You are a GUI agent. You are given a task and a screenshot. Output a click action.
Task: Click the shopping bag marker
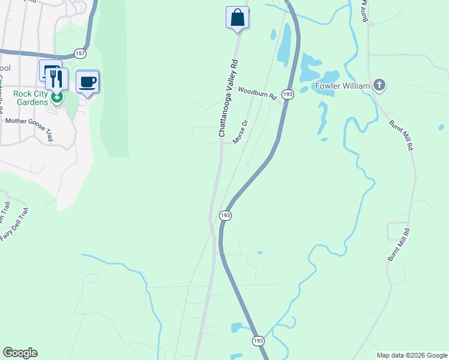[x=237, y=17]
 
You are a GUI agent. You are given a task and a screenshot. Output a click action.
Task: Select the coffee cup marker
[x=88, y=82]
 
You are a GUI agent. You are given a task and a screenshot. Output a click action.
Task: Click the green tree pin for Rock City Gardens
[x=57, y=97]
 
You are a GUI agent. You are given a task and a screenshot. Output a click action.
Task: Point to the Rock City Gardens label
[x=32, y=98]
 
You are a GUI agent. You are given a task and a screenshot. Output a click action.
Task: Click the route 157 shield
[x=80, y=53]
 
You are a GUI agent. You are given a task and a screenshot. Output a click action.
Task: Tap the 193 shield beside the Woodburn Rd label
[x=288, y=94]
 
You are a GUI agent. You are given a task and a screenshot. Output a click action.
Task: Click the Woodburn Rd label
[x=256, y=93]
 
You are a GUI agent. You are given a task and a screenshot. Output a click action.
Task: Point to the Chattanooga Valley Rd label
[x=229, y=98]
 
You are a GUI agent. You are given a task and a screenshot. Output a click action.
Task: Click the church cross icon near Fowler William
[x=379, y=85]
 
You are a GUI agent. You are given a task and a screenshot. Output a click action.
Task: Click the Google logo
[x=20, y=353]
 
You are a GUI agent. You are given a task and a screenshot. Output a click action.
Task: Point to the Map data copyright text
[x=412, y=355]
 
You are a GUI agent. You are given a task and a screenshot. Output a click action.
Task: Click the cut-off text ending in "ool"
[x=5, y=68]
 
